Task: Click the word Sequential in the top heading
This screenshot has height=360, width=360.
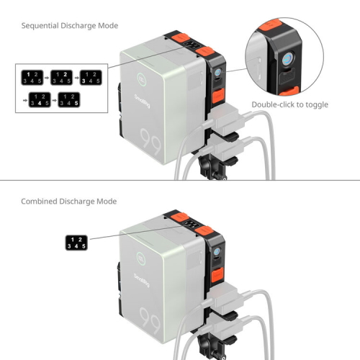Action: pos(40,26)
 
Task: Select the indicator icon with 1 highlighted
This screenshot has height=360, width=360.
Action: pos(32,78)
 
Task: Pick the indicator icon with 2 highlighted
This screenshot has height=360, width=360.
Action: pos(61,78)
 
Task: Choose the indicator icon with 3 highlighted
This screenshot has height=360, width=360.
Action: pos(91,78)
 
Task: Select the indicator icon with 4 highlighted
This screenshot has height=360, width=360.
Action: pos(40,99)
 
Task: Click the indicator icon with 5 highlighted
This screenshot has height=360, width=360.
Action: pos(69,99)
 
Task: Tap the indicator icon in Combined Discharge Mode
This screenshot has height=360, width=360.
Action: pos(76,243)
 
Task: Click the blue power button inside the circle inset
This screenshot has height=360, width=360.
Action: pos(287,59)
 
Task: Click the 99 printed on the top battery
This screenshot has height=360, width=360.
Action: pos(150,142)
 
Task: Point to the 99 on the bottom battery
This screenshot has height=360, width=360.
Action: pos(150,320)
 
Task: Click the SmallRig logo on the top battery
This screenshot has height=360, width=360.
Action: pos(142,101)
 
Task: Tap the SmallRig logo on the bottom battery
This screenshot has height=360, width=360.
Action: pos(142,280)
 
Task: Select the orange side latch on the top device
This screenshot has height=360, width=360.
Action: pos(218,96)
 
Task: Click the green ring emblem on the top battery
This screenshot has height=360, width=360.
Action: pos(141,79)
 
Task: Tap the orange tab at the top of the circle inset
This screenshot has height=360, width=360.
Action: pos(270,24)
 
